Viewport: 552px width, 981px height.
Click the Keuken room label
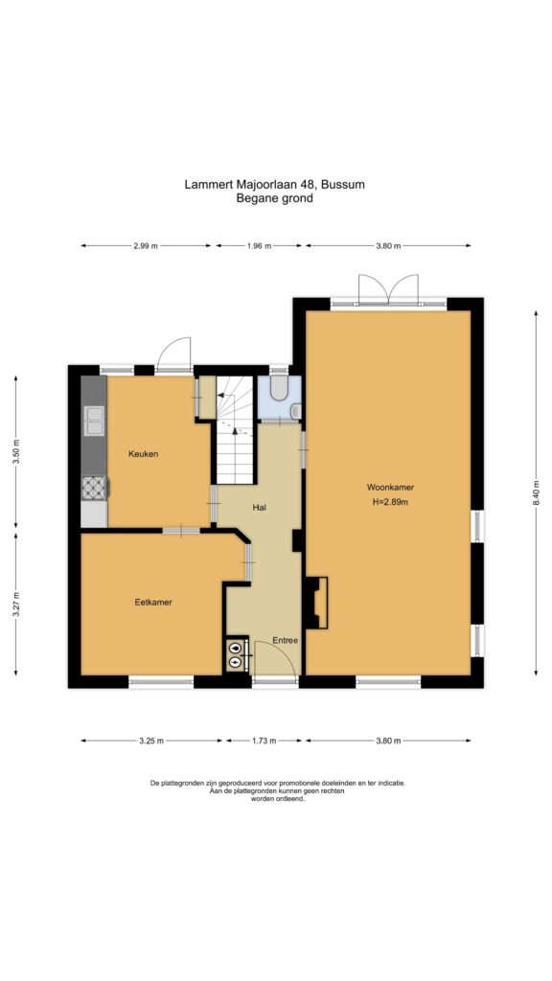coord(144,454)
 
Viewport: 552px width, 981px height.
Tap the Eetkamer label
coord(153,603)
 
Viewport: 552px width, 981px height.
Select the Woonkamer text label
coord(391,488)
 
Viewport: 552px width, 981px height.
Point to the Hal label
coord(260,508)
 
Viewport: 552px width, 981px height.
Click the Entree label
coord(285,641)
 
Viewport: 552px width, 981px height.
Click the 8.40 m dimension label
coord(537,494)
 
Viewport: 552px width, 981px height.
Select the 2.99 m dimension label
coord(146,246)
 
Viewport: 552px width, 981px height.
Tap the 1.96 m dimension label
coord(259,246)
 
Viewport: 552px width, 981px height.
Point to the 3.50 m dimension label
coord(15,452)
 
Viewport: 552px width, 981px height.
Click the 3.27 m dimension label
coord(15,604)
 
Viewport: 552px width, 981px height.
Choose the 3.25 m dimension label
coord(150,741)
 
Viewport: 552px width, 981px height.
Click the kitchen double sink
coord(94,421)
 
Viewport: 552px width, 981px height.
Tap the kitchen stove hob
coord(95,488)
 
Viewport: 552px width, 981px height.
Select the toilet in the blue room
coord(279,388)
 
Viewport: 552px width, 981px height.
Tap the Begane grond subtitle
coord(274,199)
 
